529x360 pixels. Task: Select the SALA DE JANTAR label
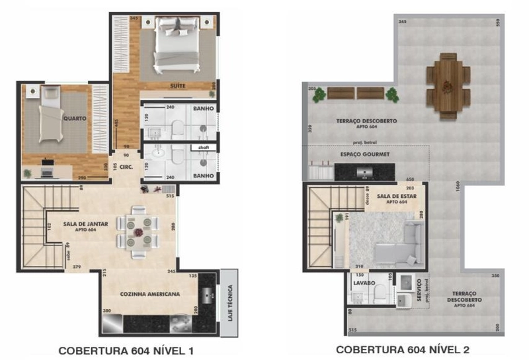coord(86,224)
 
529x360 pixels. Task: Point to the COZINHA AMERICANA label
coord(150,294)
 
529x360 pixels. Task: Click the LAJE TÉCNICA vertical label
coord(229,302)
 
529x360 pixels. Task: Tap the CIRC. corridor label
coord(127,167)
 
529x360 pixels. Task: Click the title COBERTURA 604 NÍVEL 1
coord(126,349)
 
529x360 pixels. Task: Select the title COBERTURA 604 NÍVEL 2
coord(403,349)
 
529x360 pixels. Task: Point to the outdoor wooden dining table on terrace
coord(448,85)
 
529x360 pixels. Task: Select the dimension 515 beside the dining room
coord(169,196)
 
